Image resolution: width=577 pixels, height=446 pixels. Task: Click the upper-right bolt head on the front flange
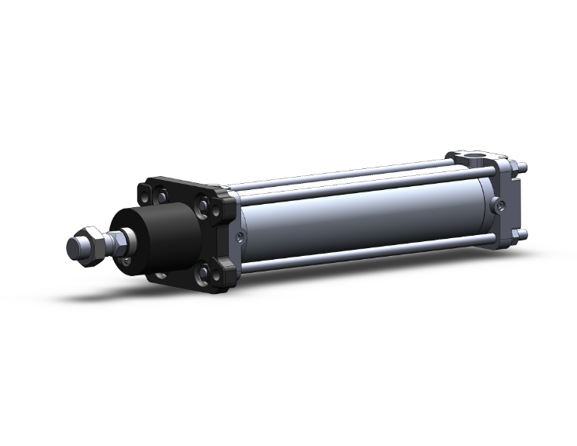[x=203, y=207]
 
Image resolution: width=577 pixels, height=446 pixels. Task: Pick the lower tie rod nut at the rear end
[x=523, y=233]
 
